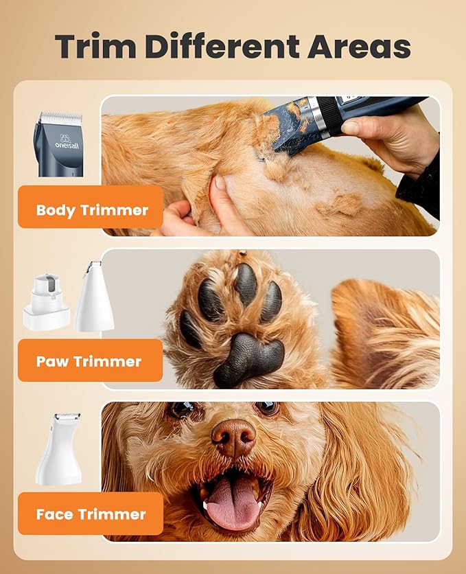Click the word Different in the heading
pyautogui.click(x=222, y=46)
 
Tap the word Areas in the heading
pyautogui.click(x=360, y=46)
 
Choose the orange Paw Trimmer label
pyautogui.click(x=89, y=361)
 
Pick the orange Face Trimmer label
pyautogui.click(x=91, y=514)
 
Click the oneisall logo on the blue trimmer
pyautogui.click(x=58, y=141)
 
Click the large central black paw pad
pyautogui.click(x=247, y=357)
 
